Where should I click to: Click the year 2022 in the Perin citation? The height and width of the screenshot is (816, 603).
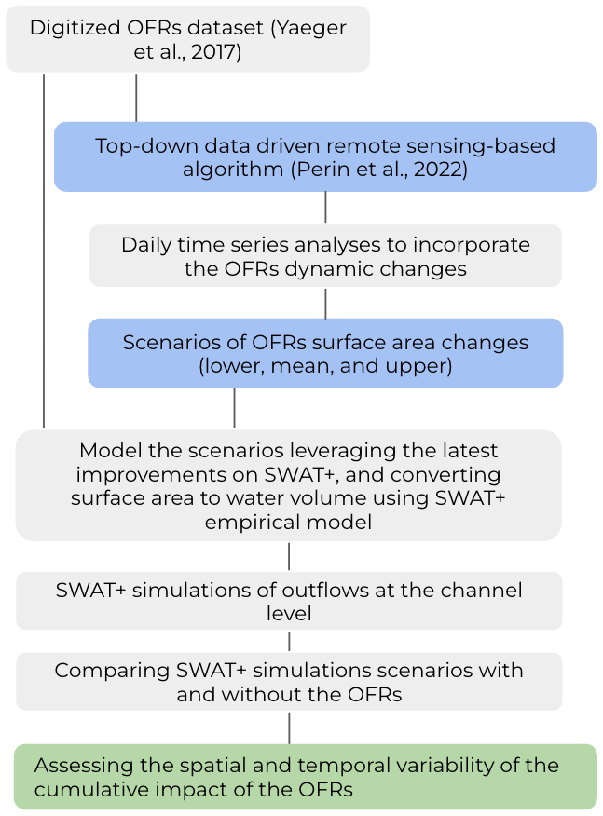[x=437, y=170]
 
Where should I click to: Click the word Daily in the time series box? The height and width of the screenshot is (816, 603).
[x=147, y=245]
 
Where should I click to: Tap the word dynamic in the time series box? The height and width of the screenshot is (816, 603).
[x=357, y=269]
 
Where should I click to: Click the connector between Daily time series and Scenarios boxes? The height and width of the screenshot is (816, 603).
[x=325, y=303]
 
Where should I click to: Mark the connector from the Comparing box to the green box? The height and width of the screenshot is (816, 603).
[x=289, y=728]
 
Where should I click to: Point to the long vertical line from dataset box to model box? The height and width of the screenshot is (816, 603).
[x=44, y=252]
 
